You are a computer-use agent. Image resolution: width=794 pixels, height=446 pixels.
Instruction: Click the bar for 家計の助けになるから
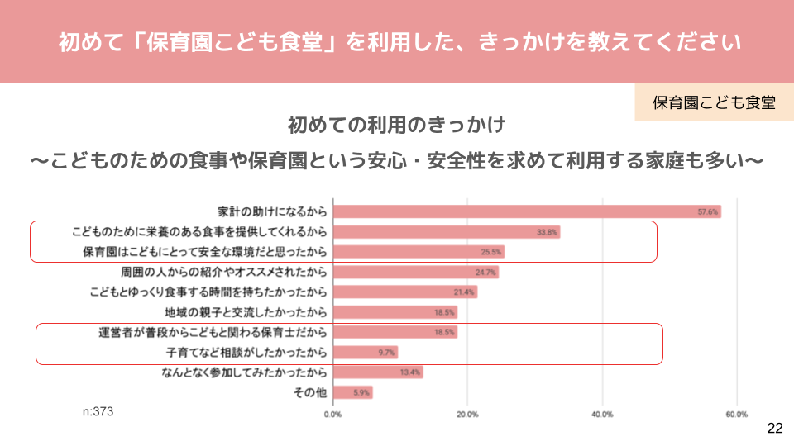[x=526, y=211]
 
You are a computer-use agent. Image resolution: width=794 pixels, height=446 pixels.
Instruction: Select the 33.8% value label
[x=547, y=232]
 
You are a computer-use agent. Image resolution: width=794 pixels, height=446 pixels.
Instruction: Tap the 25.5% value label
[x=491, y=252]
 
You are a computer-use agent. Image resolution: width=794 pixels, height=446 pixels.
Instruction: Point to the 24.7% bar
[x=415, y=272]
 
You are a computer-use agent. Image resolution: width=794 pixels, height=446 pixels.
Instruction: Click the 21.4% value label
[x=464, y=292]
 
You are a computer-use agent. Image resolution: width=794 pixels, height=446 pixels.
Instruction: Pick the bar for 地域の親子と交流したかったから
[x=395, y=312]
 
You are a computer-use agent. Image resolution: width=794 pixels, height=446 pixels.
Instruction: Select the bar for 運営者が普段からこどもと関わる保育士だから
[x=395, y=332]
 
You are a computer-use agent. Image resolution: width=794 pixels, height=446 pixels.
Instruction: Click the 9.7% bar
[x=365, y=353]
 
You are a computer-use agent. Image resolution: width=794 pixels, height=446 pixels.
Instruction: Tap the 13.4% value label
[x=410, y=372]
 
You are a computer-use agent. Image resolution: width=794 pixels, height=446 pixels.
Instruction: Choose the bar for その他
[x=352, y=392]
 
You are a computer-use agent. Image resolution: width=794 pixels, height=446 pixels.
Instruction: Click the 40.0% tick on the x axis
[x=602, y=414]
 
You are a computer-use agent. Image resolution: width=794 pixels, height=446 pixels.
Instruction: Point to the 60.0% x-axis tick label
[x=736, y=414]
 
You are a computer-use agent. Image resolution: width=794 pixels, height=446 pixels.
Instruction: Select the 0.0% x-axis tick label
[x=333, y=414]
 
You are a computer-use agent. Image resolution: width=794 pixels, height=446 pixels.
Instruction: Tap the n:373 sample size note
[x=98, y=410]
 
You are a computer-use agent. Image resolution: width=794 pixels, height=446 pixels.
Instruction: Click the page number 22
[x=774, y=428]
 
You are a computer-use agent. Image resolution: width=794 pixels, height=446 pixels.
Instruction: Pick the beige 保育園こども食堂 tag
[x=714, y=102]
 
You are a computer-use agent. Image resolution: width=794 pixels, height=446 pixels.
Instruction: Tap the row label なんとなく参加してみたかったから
[x=245, y=372]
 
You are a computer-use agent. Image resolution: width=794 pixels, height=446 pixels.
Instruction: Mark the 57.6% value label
[x=708, y=212]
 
